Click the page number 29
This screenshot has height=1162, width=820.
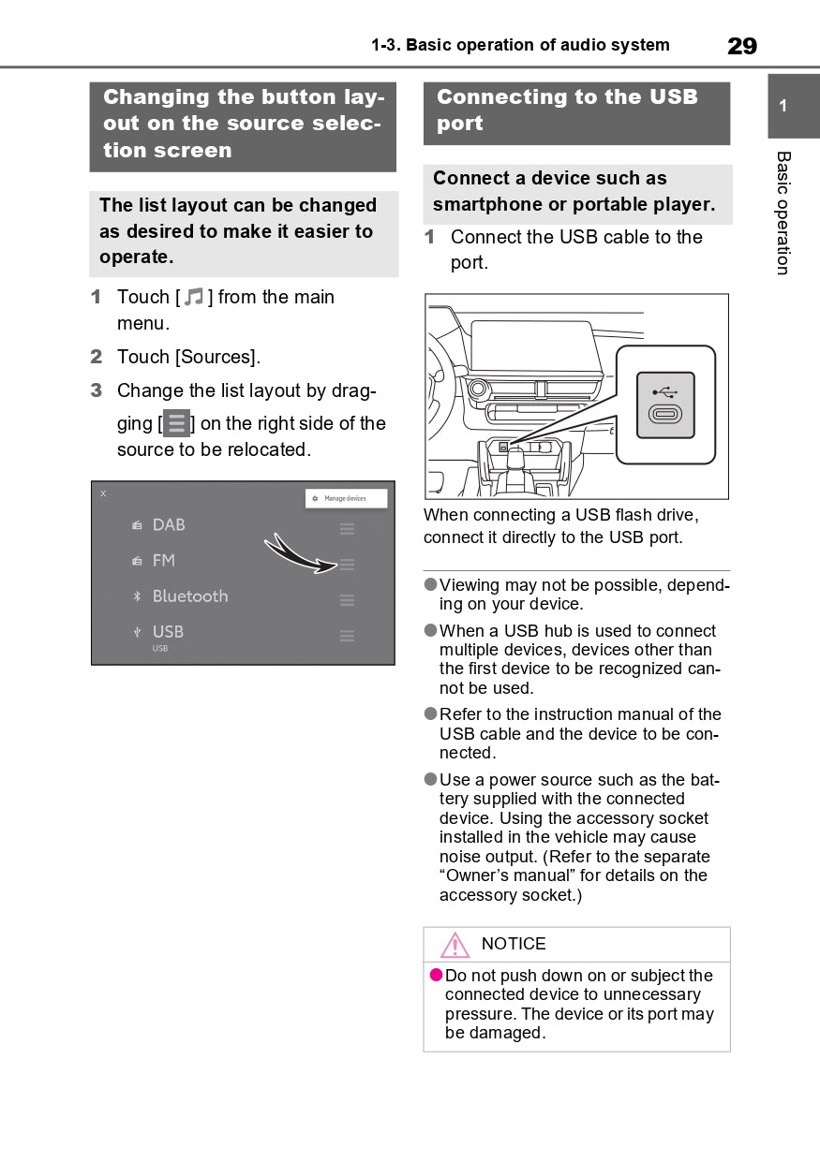[741, 46]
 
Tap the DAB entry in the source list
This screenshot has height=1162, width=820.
[169, 525]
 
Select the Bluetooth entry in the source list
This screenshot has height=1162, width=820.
[189, 596]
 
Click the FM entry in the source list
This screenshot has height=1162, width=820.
[163, 561]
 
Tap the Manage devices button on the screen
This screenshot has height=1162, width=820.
[346, 498]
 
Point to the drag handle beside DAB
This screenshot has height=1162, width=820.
[347, 529]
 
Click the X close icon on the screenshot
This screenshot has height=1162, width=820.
[103, 493]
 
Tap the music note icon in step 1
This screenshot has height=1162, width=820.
[194, 298]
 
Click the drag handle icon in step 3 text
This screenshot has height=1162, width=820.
[176, 423]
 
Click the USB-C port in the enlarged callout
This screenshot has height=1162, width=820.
[665, 414]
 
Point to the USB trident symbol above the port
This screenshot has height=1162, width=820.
[665, 391]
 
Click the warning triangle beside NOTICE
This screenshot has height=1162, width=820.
[455, 945]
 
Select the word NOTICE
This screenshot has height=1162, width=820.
[514, 944]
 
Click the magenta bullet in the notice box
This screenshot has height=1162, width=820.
[436, 976]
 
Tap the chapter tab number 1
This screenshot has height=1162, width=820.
[783, 106]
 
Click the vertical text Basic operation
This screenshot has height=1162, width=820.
[783, 213]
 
